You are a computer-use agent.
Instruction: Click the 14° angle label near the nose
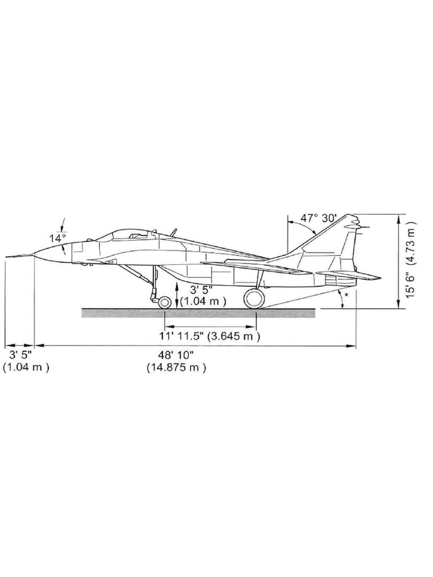pos(57,238)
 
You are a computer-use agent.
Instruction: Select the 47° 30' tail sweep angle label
pos(318,218)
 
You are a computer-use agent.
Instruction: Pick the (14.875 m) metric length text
pos(176,368)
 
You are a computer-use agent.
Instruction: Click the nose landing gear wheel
pos(165,302)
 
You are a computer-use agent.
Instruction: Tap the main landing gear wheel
pos(254,298)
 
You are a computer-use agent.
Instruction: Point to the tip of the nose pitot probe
pos(7,256)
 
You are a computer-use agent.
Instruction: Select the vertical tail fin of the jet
pos(333,242)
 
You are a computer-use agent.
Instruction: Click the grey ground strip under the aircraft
pos(197,313)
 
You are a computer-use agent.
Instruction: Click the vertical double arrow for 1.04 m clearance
pos(178,295)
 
